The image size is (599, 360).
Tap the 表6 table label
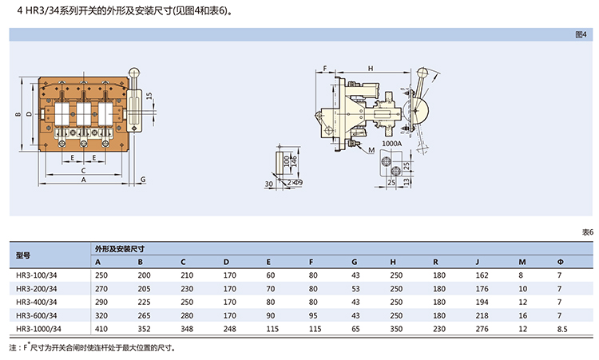(x=586, y=231)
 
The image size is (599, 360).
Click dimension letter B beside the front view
(x=18, y=114)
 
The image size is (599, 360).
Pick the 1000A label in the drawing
(x=392, y=144)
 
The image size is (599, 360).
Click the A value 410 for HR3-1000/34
(x=101, y=328)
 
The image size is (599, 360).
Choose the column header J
(x=476, y=262)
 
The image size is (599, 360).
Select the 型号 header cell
(x=23, y=255)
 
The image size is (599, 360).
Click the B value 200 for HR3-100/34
(x=144, y=275)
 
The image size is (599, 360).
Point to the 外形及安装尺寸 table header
(x=119, y=248)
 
